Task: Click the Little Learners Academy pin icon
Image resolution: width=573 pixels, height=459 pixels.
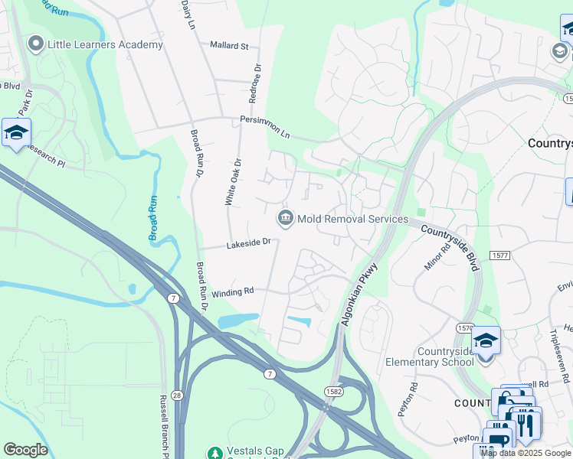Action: (x=35, y=44)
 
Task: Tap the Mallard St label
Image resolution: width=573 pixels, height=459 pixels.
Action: (x=229, y=46)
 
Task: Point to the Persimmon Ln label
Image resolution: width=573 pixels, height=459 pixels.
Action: (x=265, y=127)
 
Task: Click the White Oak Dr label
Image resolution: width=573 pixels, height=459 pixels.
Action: (x=232, y=182)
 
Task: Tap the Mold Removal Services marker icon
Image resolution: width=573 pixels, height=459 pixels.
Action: (x=286, y=219)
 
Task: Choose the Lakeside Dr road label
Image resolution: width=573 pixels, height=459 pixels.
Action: (x=248, y=244)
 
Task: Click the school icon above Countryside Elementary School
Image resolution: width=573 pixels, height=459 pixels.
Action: (x=486, y=340)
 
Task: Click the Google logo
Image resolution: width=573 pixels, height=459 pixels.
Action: (x=25, y=450)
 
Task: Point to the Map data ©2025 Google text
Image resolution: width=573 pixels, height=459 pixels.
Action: (x=526, y=453)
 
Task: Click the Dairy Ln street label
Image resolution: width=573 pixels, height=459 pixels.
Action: (x=188, y=15)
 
